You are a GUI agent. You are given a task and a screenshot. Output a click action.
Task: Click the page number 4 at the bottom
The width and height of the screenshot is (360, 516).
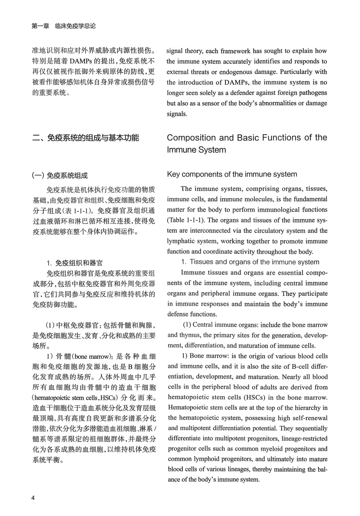click(33, 498)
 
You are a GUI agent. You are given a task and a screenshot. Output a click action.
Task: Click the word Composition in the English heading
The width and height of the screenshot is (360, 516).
click(194, 137)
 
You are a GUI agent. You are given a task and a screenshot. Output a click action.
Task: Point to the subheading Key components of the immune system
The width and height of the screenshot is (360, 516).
click(232, 174)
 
